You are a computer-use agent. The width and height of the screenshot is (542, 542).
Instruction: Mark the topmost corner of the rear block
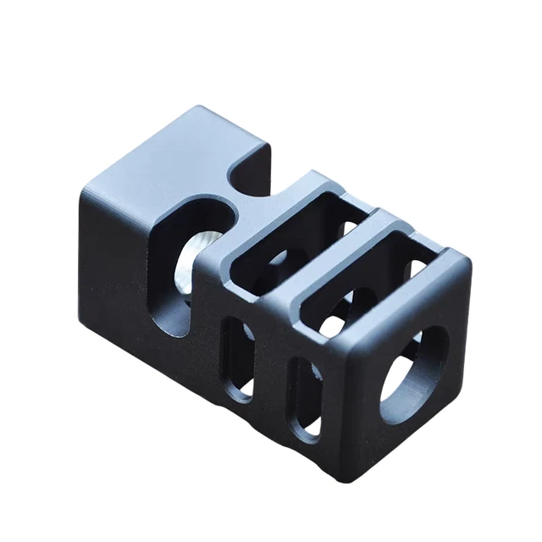point(202,108)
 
